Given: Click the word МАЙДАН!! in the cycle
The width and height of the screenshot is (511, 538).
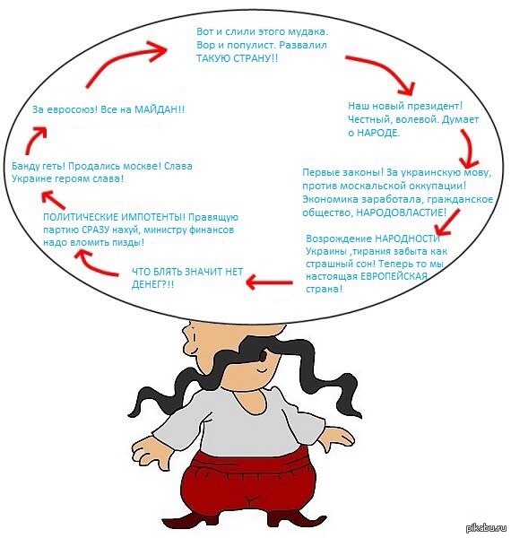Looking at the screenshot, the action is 160,109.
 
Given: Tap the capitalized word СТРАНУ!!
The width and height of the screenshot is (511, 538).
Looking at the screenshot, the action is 255,58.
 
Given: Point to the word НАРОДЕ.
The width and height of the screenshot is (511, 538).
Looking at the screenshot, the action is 378,133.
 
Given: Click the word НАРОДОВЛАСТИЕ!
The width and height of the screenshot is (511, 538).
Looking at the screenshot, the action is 402,213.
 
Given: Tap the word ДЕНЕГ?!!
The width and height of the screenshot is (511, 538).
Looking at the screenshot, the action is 152,284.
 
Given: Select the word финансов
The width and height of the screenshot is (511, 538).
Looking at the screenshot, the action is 212,230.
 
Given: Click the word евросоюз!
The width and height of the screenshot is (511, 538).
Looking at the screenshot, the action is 69,109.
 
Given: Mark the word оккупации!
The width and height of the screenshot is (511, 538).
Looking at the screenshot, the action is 438,187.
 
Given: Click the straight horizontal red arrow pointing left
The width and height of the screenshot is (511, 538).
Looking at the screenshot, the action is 269,282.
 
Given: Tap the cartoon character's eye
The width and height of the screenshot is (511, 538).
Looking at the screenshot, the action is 263,357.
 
